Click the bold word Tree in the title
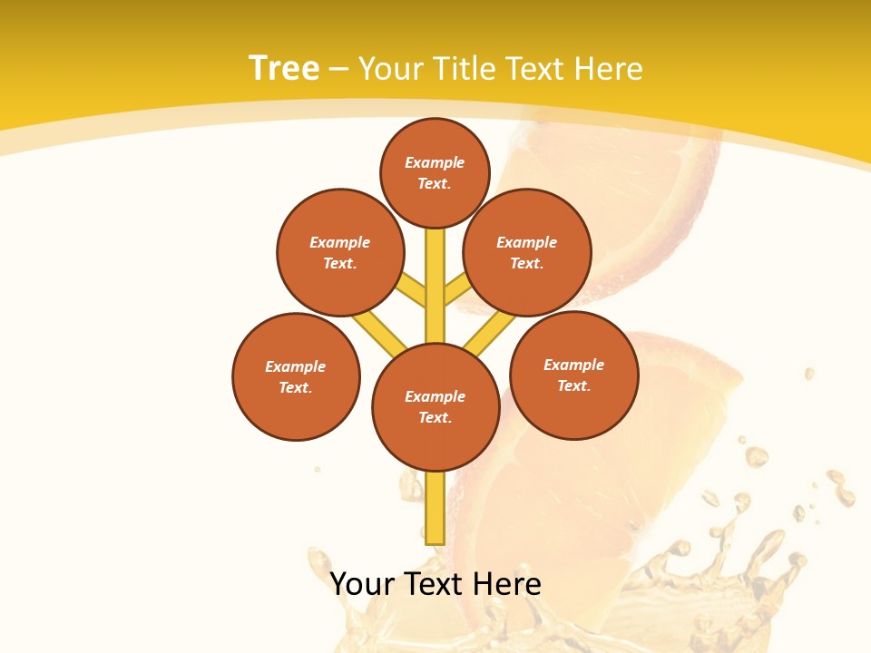[x=284, y=69]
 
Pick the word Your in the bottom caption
[x=363, y=584]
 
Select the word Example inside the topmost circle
[x=435, y=163]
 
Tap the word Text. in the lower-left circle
[x=296, y=388]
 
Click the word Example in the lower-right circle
[x=573, y=365]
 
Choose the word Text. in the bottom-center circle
[x=435, y=418]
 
